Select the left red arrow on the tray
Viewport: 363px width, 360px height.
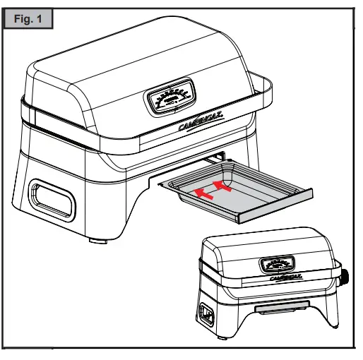coord(203,192)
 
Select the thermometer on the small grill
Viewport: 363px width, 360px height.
coord(277,265)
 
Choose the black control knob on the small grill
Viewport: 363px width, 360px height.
coord(345,277)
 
